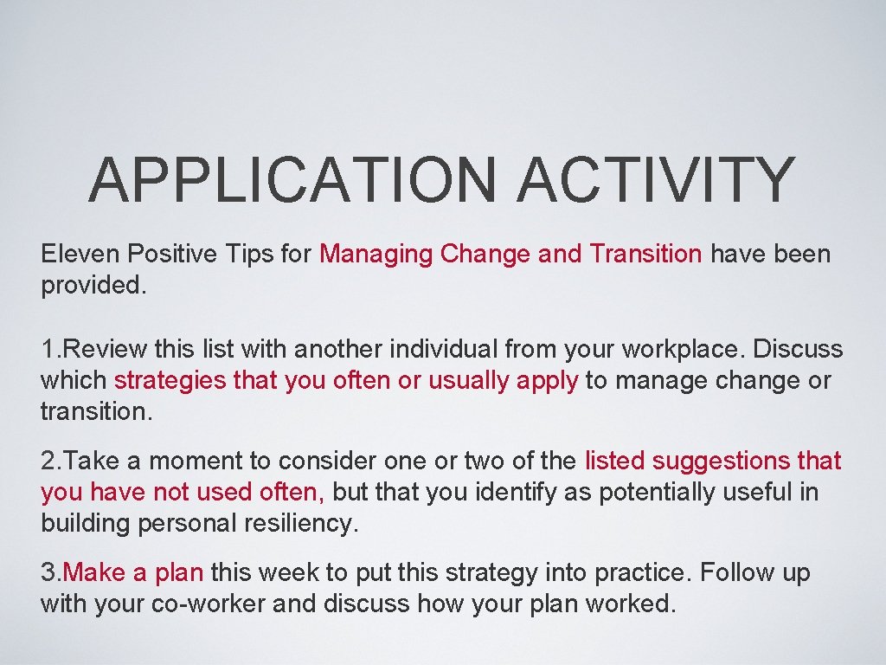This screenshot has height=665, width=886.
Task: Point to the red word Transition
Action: (645, 255)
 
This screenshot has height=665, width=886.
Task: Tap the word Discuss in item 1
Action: (798, 350)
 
